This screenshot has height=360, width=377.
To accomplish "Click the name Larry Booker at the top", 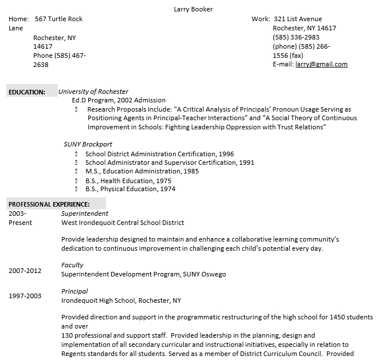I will pyautogui.click(x=193, y=9).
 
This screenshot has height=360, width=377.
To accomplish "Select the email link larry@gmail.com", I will pyautogui.click(x=321, y=64).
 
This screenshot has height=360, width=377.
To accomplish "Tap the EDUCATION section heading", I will pyautogui.click(x=26, y=92).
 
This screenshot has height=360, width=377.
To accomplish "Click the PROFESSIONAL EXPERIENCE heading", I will pyautogui.click(x=49, y=204).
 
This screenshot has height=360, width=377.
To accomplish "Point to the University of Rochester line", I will pyautogui.click(x=93, y=92).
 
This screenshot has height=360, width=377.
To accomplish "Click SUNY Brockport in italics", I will pyautogui.click(x=88, y=144).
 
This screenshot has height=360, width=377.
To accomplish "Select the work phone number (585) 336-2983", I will pyautogui.click(x=296, y=37).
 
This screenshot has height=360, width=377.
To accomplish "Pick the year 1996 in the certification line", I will pyautogui.click(x=226, y=154).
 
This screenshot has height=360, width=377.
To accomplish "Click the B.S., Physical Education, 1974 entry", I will pyautogui.click(x=130, y=189).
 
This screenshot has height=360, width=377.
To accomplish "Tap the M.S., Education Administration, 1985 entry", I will pyautogui.click(x=142, y=171).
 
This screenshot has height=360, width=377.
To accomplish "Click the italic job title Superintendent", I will pyautogui.click(x=85, y=213).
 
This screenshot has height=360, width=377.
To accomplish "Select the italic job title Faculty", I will pyautogui.click(x=72, y=265).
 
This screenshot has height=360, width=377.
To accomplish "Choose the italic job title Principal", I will pyautogui.click(x=74, y=291).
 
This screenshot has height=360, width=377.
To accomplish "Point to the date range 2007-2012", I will pyautogui.click(x=25, y=270).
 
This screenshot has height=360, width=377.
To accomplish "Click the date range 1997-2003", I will pyautogui.click(x=25, y=296).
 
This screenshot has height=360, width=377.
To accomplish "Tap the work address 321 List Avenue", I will pyautogui.click(x=298, y=19).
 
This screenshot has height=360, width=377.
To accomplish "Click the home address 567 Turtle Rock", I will pyautogui.click(x=58, y=19).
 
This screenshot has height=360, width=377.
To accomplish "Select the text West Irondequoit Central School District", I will pyautogui.click(x=123, y=223).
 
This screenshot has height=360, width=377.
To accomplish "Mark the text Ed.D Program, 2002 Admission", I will pyautogui.click(x=119, y=100).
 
